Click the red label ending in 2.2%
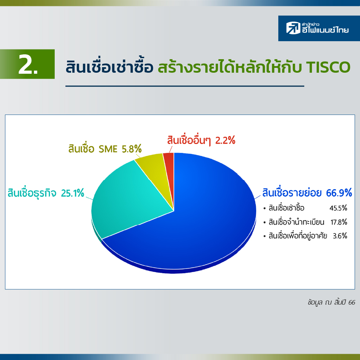point(201,140)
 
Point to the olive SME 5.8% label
point(105,149)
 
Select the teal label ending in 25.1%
point(46,193)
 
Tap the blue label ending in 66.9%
point(307,193)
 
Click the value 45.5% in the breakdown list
point(338,208)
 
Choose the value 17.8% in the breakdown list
point(339,222)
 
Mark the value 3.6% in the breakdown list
point(340,236)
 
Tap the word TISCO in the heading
point(328,67)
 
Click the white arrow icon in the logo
point(293,28)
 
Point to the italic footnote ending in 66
point(331,302)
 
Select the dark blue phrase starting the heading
point(109,66)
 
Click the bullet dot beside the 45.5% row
point(264,209)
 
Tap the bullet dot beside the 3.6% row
point(264,236)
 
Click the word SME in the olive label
point(108,149)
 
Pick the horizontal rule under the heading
point(185,86)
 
